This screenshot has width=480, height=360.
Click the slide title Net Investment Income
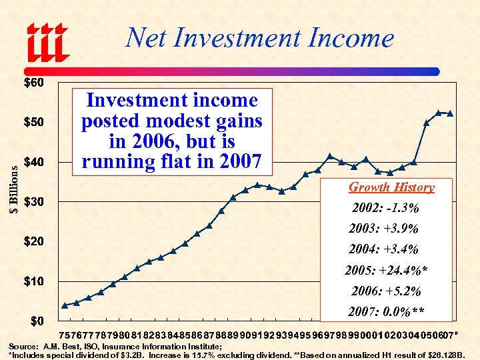(x=259, y=38)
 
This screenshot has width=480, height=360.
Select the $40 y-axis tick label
(x=33, y=162)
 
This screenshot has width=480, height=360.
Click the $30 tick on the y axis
(x=33, y=201)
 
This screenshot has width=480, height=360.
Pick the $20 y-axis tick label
(x=33, y=241)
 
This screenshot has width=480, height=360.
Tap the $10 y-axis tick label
(x=33, y=281)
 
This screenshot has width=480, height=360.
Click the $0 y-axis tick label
(x=36, y=320)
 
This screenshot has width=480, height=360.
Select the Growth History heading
(x=391, y=187)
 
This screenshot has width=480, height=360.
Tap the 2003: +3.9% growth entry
(x=383, y=229)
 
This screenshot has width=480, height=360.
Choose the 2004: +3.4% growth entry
(x=383, y=249)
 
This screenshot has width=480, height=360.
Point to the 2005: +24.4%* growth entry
(x=386, y=271)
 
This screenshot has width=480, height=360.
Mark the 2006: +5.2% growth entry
(x=386, y=291)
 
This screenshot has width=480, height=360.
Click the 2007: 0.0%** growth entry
(x=386, y=312)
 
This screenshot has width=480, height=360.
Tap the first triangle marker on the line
(x=65, y=305)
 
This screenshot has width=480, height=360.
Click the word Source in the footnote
(x=23, y=347)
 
